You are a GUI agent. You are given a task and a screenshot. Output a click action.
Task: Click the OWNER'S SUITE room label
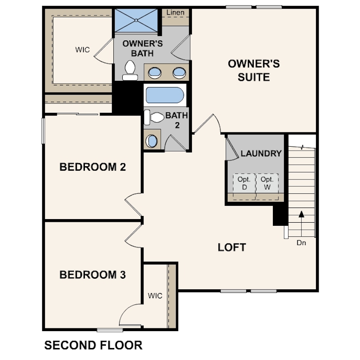click(254, 71)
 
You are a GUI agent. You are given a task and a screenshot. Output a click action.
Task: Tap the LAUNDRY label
click(261, 154)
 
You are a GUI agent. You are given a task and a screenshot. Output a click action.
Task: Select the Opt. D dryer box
click(244, 183)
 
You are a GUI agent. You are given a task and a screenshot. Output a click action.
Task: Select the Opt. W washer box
click(267, 183)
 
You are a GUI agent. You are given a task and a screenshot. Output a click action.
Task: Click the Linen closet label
click(176, 12)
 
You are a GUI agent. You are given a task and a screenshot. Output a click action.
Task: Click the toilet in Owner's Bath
click(130, 70)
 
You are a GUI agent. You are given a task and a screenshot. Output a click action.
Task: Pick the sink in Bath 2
click(152, 141)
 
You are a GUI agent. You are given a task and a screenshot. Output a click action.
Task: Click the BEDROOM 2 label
click(93, 168)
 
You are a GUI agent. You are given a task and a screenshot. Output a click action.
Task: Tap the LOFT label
click(232, 248)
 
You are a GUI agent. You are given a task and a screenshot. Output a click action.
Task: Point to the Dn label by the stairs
click(301, 243)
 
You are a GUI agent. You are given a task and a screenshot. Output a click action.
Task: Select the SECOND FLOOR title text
click(93, 345)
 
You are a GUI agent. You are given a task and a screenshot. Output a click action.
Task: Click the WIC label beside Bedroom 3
click(155, 296)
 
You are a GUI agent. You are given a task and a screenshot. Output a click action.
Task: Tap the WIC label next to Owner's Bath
click(82, 50)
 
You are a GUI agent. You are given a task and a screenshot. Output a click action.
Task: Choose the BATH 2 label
click(177, 120)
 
